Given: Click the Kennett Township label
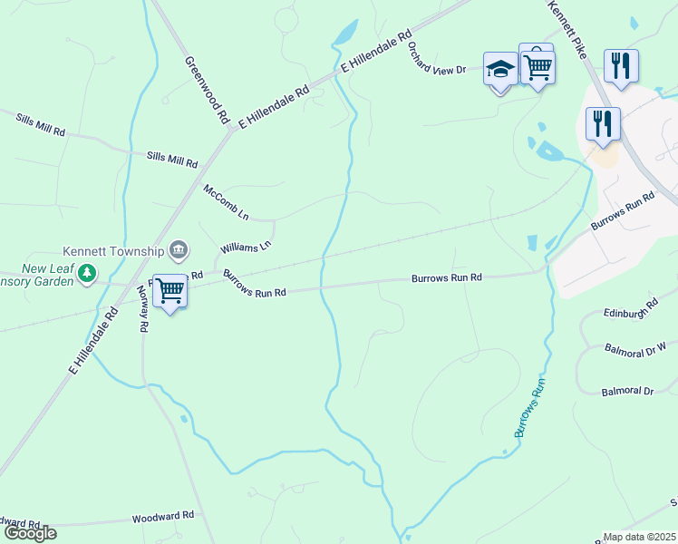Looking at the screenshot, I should coord(113,250).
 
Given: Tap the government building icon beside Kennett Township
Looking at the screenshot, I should coord(179,249).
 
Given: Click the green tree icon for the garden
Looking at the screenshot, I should coord(87,272).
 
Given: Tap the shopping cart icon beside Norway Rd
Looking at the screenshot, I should coord(169,291).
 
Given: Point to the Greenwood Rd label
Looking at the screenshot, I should coord(207,90).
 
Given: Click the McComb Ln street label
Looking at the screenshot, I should coord(226,202).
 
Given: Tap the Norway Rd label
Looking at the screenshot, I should coord(142,309).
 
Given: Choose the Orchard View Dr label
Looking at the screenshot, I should coord(436,57).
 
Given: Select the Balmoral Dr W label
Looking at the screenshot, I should coord(635,346).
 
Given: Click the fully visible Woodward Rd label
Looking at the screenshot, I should coord(163,515).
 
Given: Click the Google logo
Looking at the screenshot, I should coord(29,533).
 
